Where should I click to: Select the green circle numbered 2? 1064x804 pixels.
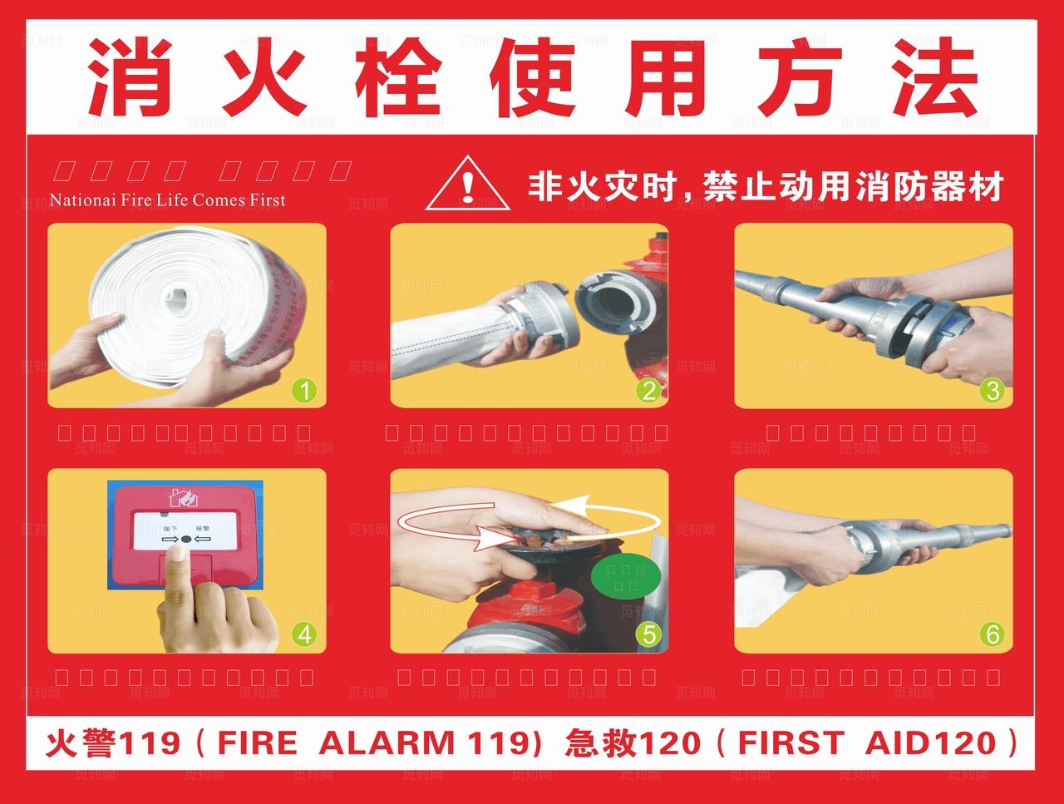(648, 390)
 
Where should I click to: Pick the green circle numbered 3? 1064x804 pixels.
(992, 390)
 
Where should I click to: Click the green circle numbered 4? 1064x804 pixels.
(304, 634)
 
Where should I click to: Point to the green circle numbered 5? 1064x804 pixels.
(648, 634)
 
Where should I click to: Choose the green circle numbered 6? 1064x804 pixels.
(992, 634)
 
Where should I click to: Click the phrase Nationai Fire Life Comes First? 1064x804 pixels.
(167, 200)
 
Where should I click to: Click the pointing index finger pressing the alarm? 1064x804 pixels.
(177, 574)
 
